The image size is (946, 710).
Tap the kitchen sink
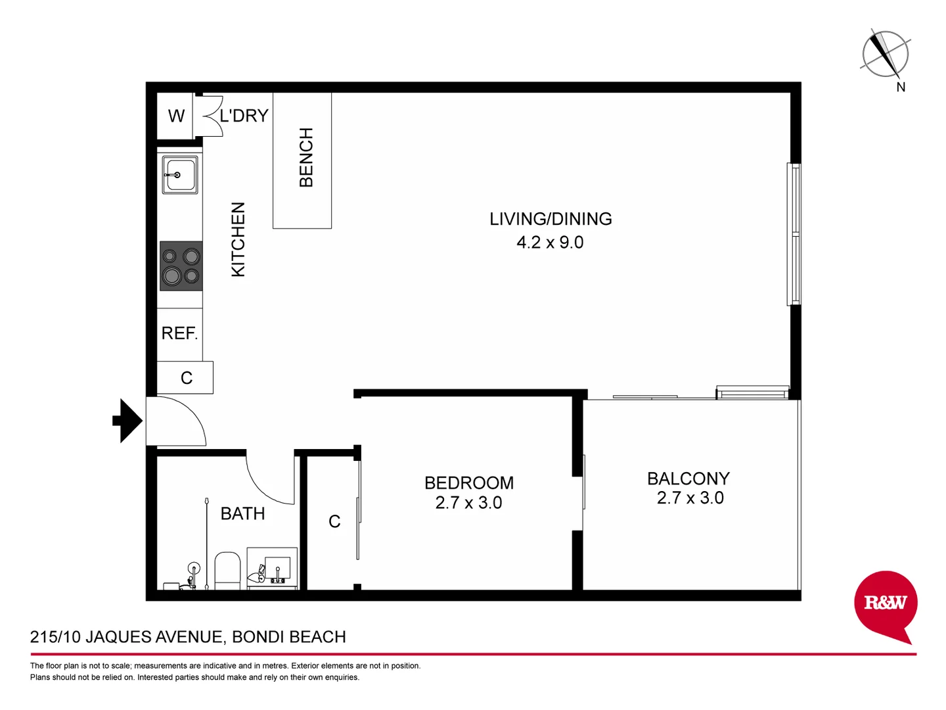(179, 176)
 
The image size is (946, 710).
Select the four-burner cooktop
(181, 266)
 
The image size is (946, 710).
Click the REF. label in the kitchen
(179, 333)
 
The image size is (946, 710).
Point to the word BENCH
(306, 158)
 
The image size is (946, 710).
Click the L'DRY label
(244, 116)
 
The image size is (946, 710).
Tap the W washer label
(176, 116)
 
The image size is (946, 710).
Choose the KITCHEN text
(238, 239)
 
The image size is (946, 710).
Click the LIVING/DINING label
(551, 219)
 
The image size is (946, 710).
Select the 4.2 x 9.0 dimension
(550, 243)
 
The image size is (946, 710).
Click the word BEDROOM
(469, 483)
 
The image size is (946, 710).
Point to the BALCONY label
(688, 479)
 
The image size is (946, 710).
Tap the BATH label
(242, 513)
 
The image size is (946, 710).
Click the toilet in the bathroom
(228, 569)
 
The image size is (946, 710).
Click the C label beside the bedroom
(334, 522)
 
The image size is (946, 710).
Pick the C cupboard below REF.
(187, 378)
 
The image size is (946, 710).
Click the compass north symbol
(885, 53)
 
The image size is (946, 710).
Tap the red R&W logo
(885, 603)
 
